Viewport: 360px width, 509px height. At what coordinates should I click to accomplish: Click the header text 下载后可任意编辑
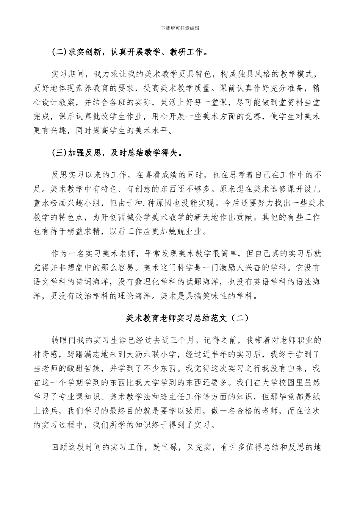point(180,28)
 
